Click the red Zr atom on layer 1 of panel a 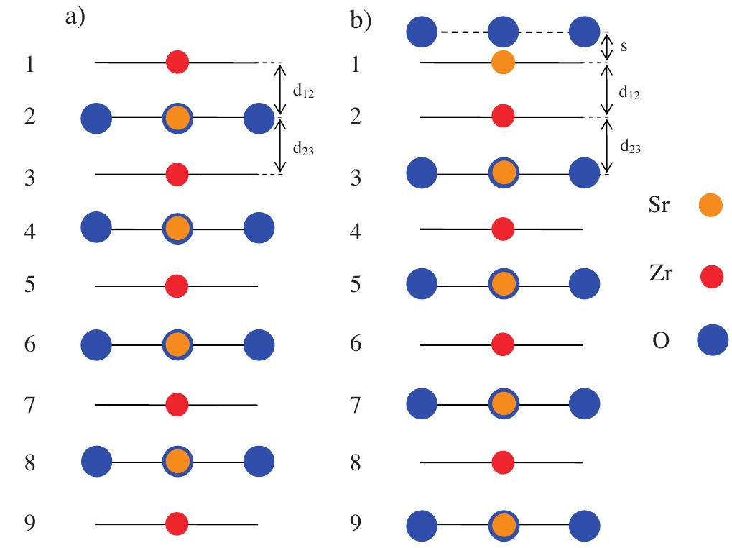177,62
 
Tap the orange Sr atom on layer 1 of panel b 504,62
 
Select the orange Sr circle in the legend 710,205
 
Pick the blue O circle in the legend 713,340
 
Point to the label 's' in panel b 624,46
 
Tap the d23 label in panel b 630,147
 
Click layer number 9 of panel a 30,522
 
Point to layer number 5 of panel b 356,284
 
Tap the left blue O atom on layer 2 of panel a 97,118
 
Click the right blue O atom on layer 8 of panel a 259,461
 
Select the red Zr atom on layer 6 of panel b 503,344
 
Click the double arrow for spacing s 606,47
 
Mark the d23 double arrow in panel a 279,145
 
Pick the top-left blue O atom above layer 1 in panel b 422,32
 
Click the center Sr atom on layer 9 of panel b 504,525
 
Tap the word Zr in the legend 661,274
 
